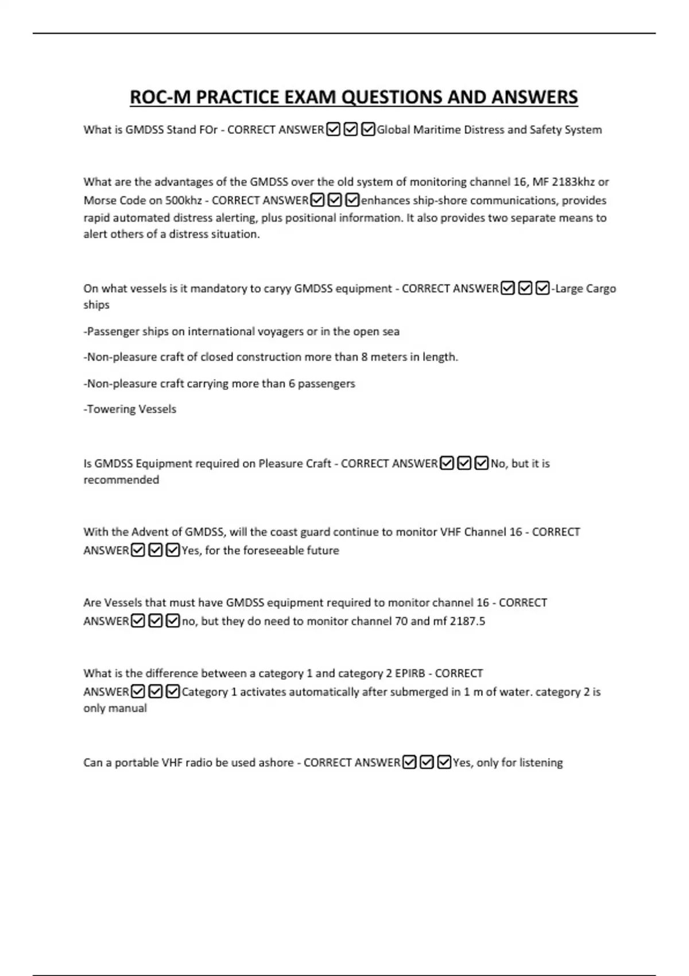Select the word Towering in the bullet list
[x=109, y=409]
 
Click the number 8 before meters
[x=364, y=357]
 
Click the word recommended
[x=121, y=480]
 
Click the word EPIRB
[x=410, y=673]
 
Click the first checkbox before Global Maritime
[x=332, y=130]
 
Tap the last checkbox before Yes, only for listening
[x=444, y=762]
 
